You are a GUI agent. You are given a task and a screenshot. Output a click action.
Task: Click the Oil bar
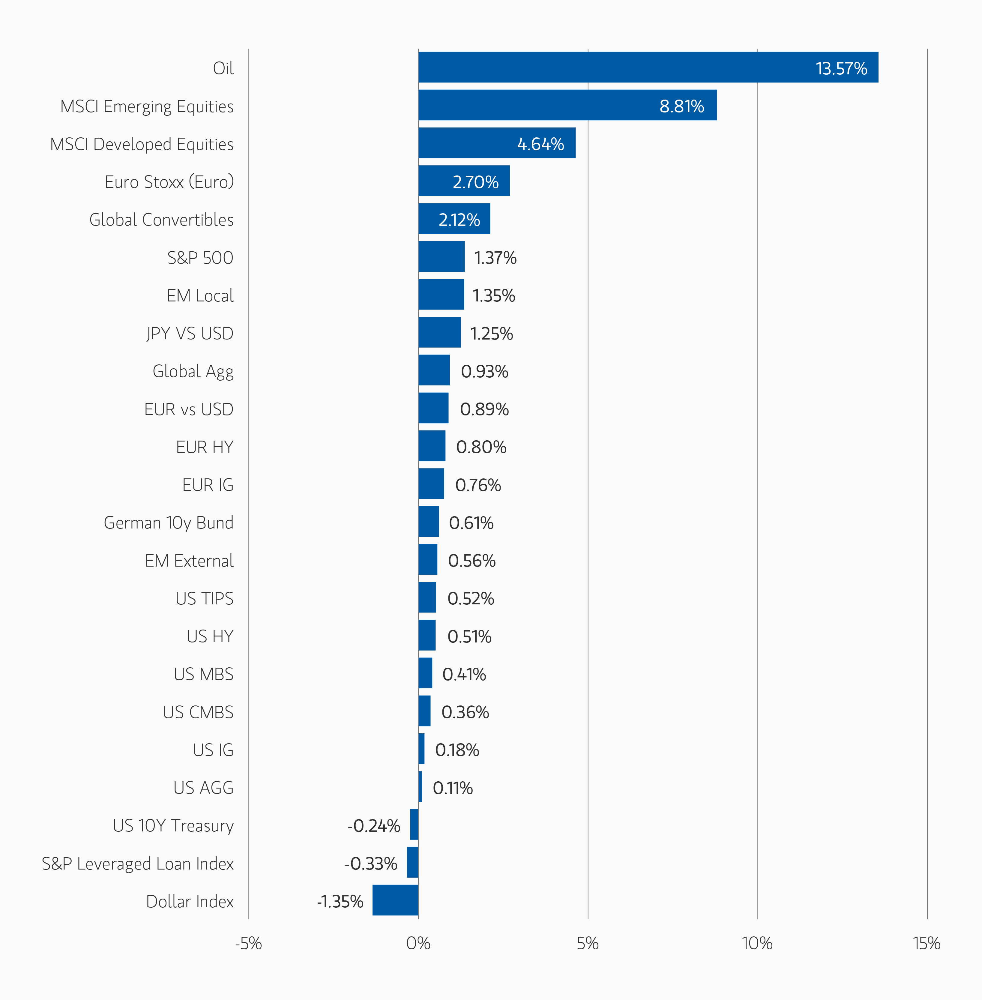click(x=648, y=67)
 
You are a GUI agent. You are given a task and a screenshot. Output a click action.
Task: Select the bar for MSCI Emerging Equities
click(x=567, y=105)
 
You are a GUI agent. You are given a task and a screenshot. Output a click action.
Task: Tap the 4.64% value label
click(x=540, y=144)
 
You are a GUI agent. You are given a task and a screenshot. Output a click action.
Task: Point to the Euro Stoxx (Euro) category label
click(x=169, y=182)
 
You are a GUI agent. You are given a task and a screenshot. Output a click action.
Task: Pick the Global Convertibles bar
click(x=454, y=219)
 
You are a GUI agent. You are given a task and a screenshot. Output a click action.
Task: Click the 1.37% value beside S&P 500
click(x=495, y=258)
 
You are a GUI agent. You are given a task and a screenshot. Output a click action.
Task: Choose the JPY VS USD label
click(x=190, y=334)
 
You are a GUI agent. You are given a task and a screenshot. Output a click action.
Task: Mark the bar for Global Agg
click(x=434, y=370)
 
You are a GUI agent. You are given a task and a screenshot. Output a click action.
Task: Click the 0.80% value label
click(x=481, y=447)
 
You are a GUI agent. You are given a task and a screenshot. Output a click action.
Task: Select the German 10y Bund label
click(x=169, y=523)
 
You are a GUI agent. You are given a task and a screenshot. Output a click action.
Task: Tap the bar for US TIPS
click(x=427, y=597)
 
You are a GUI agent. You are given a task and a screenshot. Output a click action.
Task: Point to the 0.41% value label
click(x=464, y=675)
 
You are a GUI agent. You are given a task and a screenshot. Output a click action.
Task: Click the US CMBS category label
click(x=198, y=712)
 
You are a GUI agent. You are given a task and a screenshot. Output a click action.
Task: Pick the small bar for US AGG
click(x=420, y=786)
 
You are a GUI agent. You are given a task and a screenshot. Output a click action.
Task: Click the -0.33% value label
click(x=371, y=864)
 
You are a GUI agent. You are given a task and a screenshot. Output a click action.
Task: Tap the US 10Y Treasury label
click(x=173, y=826)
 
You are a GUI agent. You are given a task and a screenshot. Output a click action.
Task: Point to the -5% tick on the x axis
click(x=249, y=943)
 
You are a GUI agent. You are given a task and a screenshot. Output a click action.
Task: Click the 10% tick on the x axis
click(x=757, y=943)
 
